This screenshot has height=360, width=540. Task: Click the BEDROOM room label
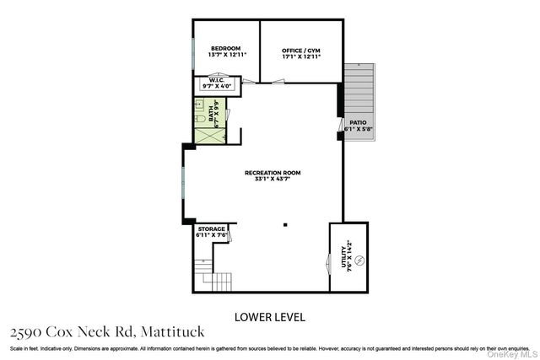225,48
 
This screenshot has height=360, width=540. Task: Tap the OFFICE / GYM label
300,51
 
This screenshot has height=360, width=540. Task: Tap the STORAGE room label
211,229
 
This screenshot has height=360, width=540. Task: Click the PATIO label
358,123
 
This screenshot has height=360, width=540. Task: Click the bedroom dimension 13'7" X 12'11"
225,55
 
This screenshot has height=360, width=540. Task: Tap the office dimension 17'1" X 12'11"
300,56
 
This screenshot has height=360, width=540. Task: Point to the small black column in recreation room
285,224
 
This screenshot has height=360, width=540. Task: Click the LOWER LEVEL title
268,317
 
